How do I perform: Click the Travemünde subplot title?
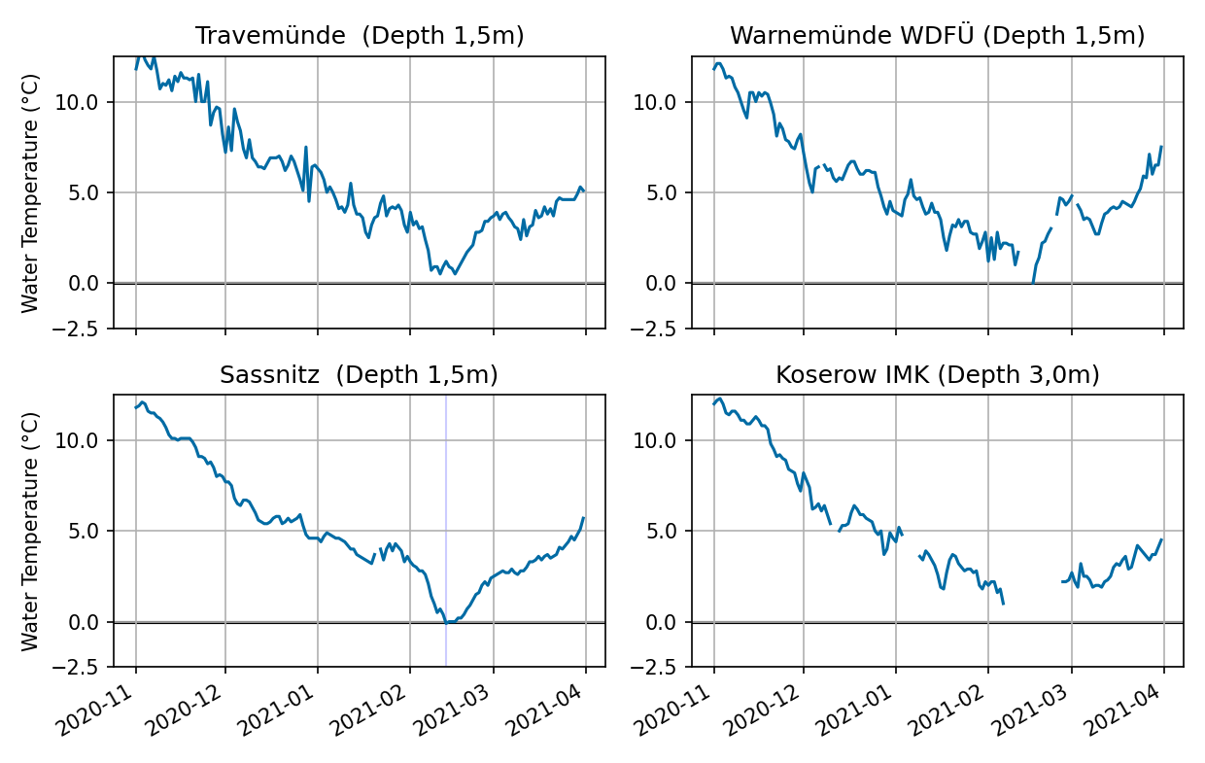click(360, 37)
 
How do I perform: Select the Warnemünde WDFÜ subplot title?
click(937, 37)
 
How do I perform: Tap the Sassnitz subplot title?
click(359, 375)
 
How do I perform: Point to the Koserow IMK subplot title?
click(937, 375)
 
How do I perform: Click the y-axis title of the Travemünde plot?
click(30, 192)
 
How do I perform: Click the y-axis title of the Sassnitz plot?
click(30, 531)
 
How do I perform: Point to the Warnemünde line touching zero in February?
click(1033, 281)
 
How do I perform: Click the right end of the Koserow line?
click(1161, 539)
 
